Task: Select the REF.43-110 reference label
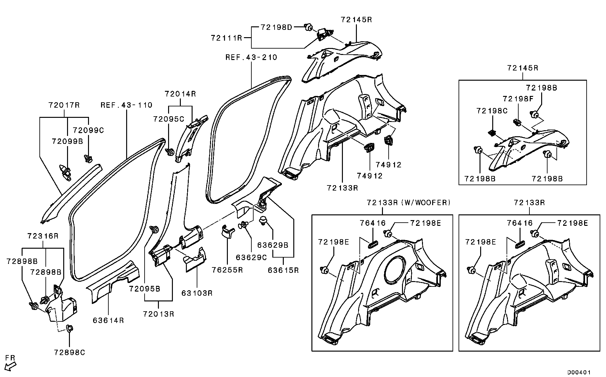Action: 126,105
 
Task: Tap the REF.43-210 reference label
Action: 251,57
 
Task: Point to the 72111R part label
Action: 227,38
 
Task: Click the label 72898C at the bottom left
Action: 70,353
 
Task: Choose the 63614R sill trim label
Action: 108,320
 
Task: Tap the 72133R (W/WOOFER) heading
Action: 408,203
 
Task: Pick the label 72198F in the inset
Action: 518,99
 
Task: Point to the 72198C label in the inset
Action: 492,111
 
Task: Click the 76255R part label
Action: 228,270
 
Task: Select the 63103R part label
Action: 197,293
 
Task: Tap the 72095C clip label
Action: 168,119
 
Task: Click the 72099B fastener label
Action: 67,141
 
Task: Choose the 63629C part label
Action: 251,257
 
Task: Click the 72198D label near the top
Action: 276,27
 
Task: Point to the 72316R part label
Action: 43,236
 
